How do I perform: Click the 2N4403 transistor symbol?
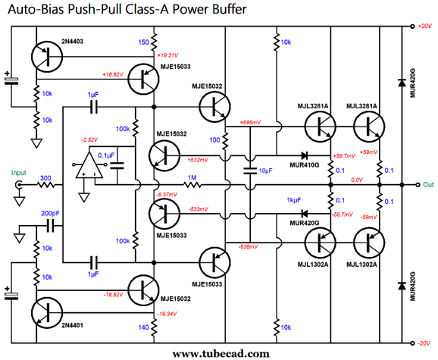click(47, 57)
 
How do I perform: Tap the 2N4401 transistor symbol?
click(47, 312)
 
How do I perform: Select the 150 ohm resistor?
click(154, 42)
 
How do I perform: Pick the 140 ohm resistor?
click(154, 327)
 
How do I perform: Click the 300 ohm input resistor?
click(45, 185)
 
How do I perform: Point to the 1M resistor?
click(192, 185)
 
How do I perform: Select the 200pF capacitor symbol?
click(51, 226)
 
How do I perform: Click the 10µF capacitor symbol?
click(250, 171)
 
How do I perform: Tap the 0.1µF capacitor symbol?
click(117, 165)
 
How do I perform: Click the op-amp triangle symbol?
click(89, 165)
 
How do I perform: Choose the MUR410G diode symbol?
click(305, 155)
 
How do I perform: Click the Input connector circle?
click(19, 185)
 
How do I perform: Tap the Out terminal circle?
click(418, 185)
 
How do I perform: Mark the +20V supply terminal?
click(412, 27)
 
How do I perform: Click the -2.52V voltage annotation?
click(89, 139)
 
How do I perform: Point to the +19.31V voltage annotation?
click(167, 55)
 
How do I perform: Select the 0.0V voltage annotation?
click(357, 180)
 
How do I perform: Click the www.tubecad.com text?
click(221, 354)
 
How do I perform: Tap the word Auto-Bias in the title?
click(36, 9)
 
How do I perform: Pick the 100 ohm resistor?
click(225, 140)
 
